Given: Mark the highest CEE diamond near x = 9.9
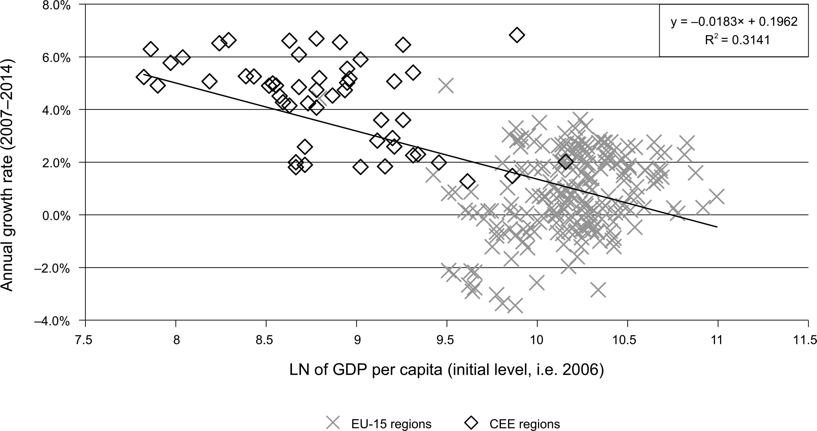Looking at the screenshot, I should (x=517, y=35).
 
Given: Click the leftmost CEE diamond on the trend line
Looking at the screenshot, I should (x=144, y=77).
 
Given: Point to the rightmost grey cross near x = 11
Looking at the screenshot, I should (x=717, y=197).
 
